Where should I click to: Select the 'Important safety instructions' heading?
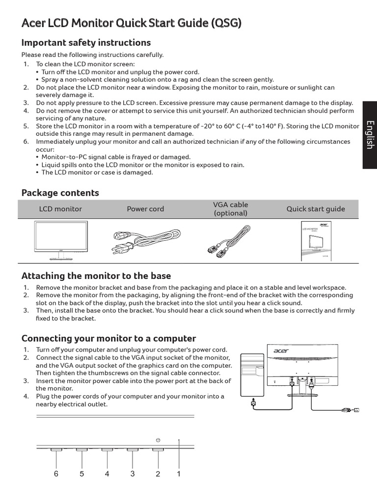coord(86,43)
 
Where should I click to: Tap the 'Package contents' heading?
coord(60,193)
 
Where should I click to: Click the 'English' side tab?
coord(370,135)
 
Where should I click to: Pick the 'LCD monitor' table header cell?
coord(60,209)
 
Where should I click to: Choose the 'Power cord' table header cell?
coord(145,209)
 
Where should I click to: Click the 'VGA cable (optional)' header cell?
coord(230,209)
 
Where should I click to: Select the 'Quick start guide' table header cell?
coord(316,209)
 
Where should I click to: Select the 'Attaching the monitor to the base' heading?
coord(96,276)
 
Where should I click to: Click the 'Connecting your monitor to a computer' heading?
coord(108,339)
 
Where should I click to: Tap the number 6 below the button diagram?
coord(56,474)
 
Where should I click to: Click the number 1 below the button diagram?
coord(179,474)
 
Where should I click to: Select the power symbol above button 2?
coord(158,440)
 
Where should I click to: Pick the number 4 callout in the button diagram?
coord(107,474)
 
